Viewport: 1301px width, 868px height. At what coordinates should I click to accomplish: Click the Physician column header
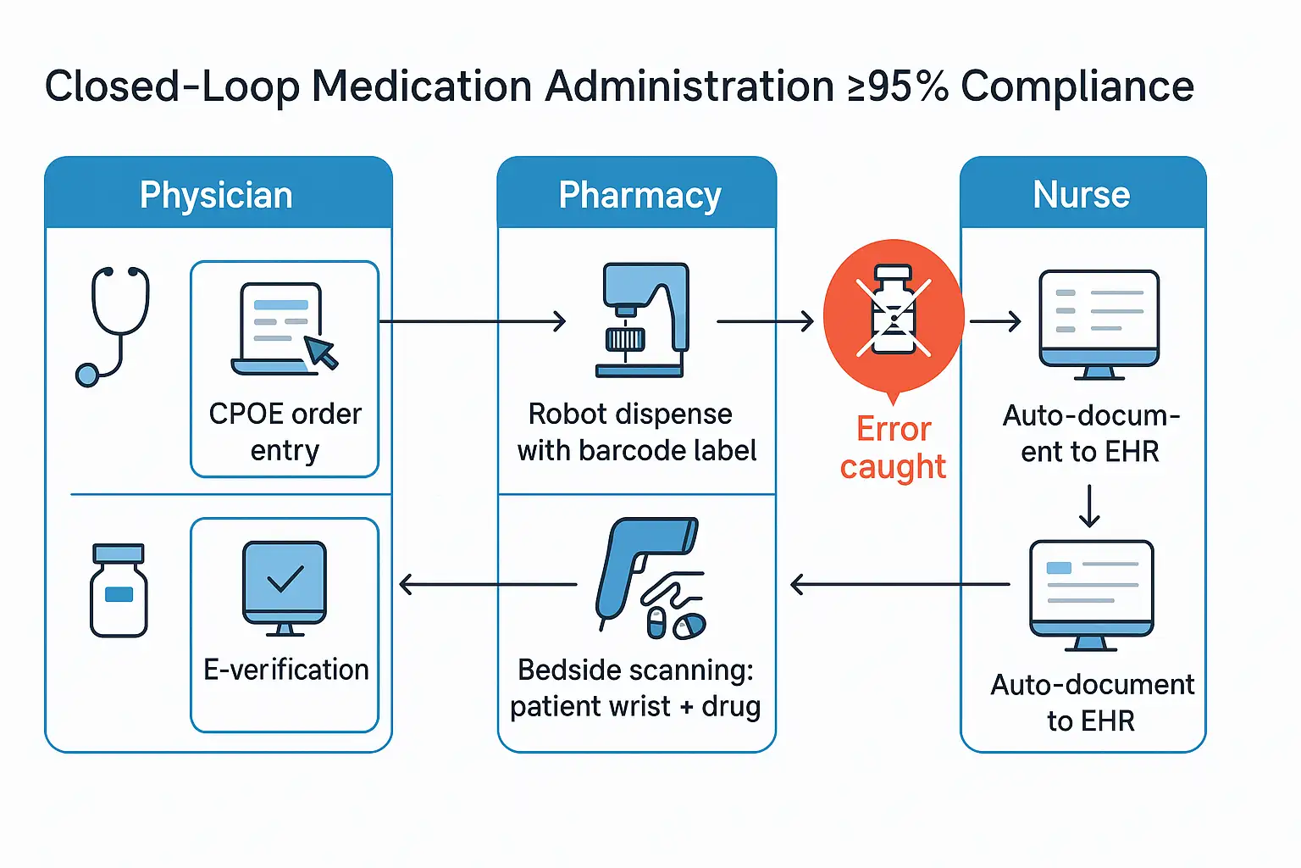[217, 195]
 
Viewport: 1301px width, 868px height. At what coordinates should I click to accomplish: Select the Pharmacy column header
[639, 195]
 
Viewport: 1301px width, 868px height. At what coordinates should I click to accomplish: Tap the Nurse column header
[1082, 195]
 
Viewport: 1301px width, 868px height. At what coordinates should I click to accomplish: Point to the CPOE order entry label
[285, 432]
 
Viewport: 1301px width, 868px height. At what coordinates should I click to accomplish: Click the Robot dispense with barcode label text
[637, 432]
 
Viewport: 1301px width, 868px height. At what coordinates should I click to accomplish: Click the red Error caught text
[894, 448]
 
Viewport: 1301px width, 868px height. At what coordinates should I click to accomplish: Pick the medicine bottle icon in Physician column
[119, 591]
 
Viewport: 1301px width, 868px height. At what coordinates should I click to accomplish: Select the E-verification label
[286, 670]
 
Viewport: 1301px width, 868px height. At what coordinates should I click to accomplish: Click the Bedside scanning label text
[635, 687]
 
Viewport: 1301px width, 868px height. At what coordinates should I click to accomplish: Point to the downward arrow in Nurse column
[1089, 506]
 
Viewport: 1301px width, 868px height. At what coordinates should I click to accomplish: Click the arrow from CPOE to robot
[472, 321]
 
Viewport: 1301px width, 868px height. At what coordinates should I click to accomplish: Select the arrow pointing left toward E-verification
[488, 584]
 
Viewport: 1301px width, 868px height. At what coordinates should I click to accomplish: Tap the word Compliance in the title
[1077, 86]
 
